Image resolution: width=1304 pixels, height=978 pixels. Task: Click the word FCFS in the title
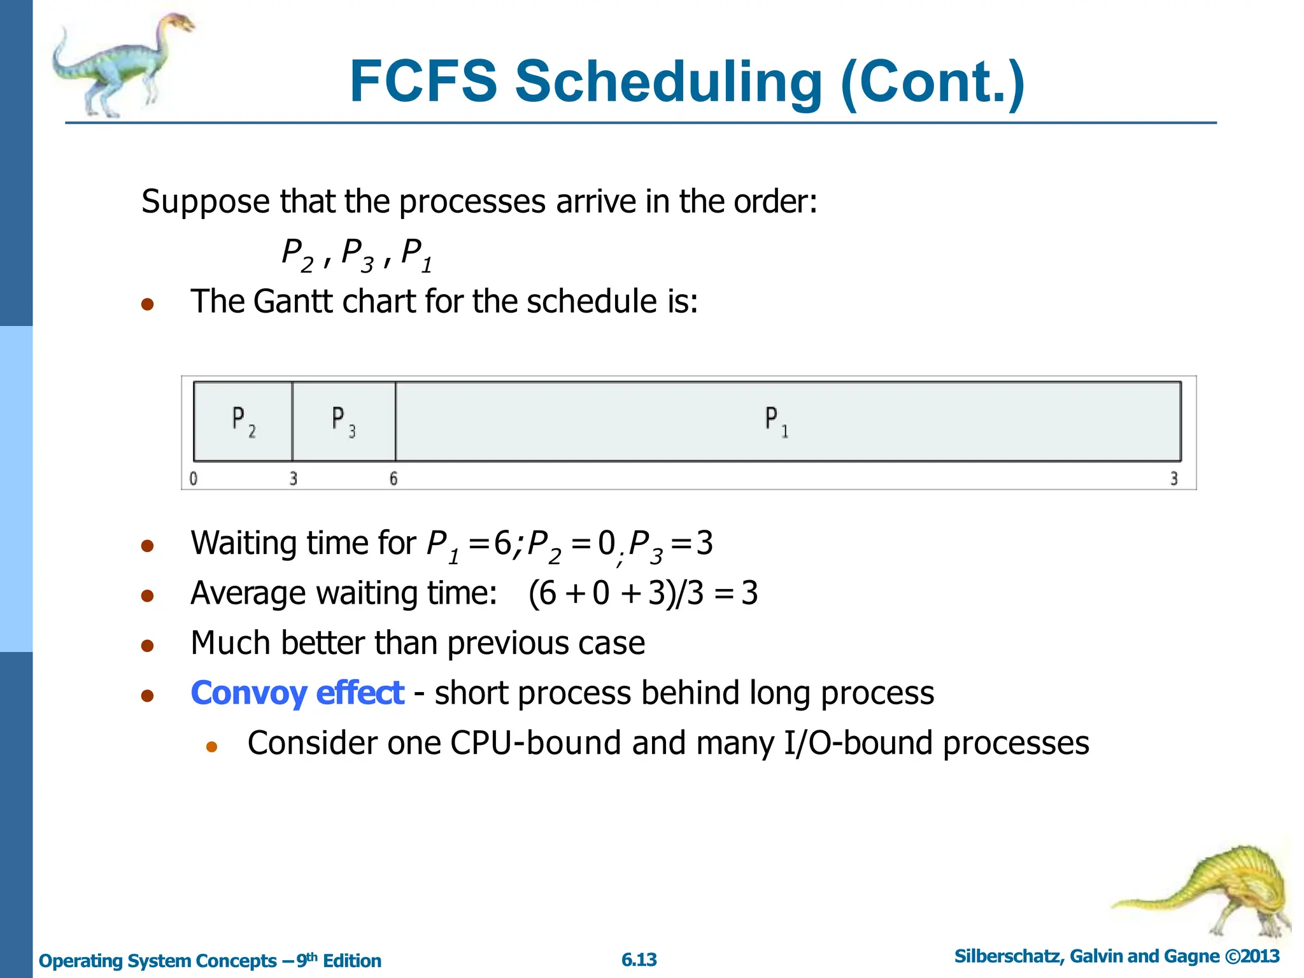(x=423, y=81)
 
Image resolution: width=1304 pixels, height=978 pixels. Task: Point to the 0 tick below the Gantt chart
(x=194, y=478)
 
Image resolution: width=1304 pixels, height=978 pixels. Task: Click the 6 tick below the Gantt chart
(x=393, y=478)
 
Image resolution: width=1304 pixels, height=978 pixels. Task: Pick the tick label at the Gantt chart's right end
(x=1173, y=478)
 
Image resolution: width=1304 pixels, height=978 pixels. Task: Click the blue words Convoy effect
(x=297, y=693)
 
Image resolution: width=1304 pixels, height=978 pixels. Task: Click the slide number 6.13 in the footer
(x=639, y=960)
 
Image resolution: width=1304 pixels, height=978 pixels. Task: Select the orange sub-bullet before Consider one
(x=212, y=746)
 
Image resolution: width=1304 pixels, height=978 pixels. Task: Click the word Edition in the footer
(x=351, y=960)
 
